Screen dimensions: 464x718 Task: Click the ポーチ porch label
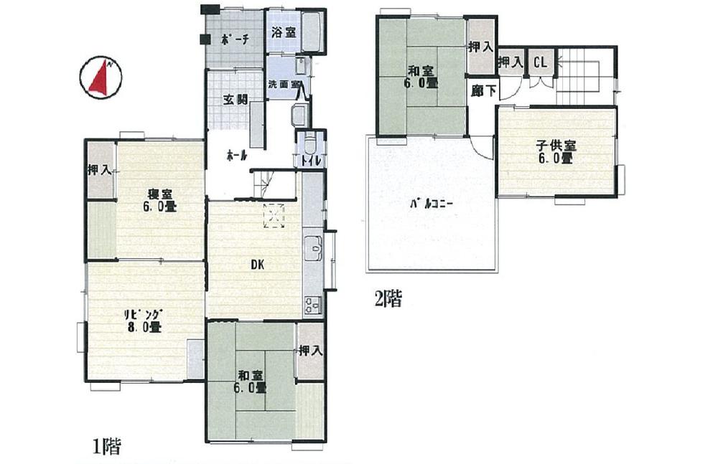[x=235, y=40]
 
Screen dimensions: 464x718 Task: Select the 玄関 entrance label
[x=238, y=100]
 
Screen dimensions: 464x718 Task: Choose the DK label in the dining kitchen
[x=257, y=265]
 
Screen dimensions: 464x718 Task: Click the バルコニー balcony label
[x=430, y=204]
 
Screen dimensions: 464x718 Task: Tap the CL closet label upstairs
[x=539, y=62]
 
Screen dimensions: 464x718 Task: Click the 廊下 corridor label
[x=481, y=90]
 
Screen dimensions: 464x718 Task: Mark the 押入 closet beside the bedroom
[x=99, y=170]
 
